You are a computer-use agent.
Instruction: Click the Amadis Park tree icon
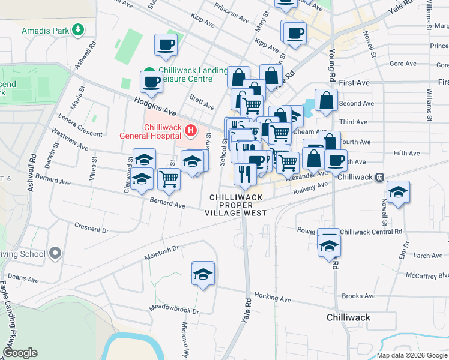pyautogui.click(x=77, y=29)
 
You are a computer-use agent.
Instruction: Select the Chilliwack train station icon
pyautogui.click(x=379, y=178)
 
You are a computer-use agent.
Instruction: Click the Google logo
pyautogui.click(x=20, y=353)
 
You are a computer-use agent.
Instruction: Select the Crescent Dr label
pyautogui.click(x=91, y=229)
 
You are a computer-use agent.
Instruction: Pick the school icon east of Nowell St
pyautogui.click(x=398, y=193)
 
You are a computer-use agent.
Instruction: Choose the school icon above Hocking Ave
pyautogui.click(x=203, y=274)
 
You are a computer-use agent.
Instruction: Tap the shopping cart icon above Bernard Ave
pyautogui.click(x=169, y=179)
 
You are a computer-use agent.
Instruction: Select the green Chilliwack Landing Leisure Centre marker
pyautogui.click(x=148, y=71)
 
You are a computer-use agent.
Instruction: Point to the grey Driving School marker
pyautogui.click(x=55, y=254)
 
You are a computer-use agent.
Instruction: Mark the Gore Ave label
pyautogui.click(x=403, y=64)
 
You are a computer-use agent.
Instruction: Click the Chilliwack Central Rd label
pyautogui.click(x=371, y=232)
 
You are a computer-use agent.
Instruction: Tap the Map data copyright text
pyautogui.click(x=411, y=355)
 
